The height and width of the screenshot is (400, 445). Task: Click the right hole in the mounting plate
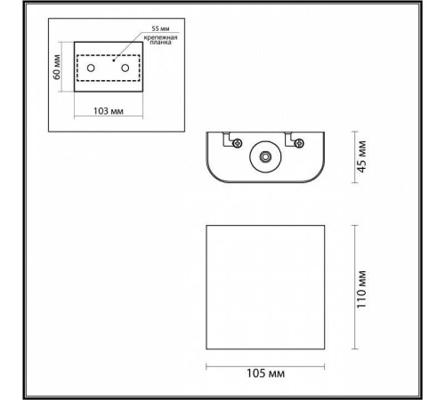[x=125, y=68]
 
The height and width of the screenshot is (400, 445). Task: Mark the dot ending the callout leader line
[x=113, y=61]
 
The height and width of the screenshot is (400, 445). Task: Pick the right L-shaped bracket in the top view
[x=290, y=139]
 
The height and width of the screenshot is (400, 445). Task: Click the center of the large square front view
[x=267, y=287]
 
